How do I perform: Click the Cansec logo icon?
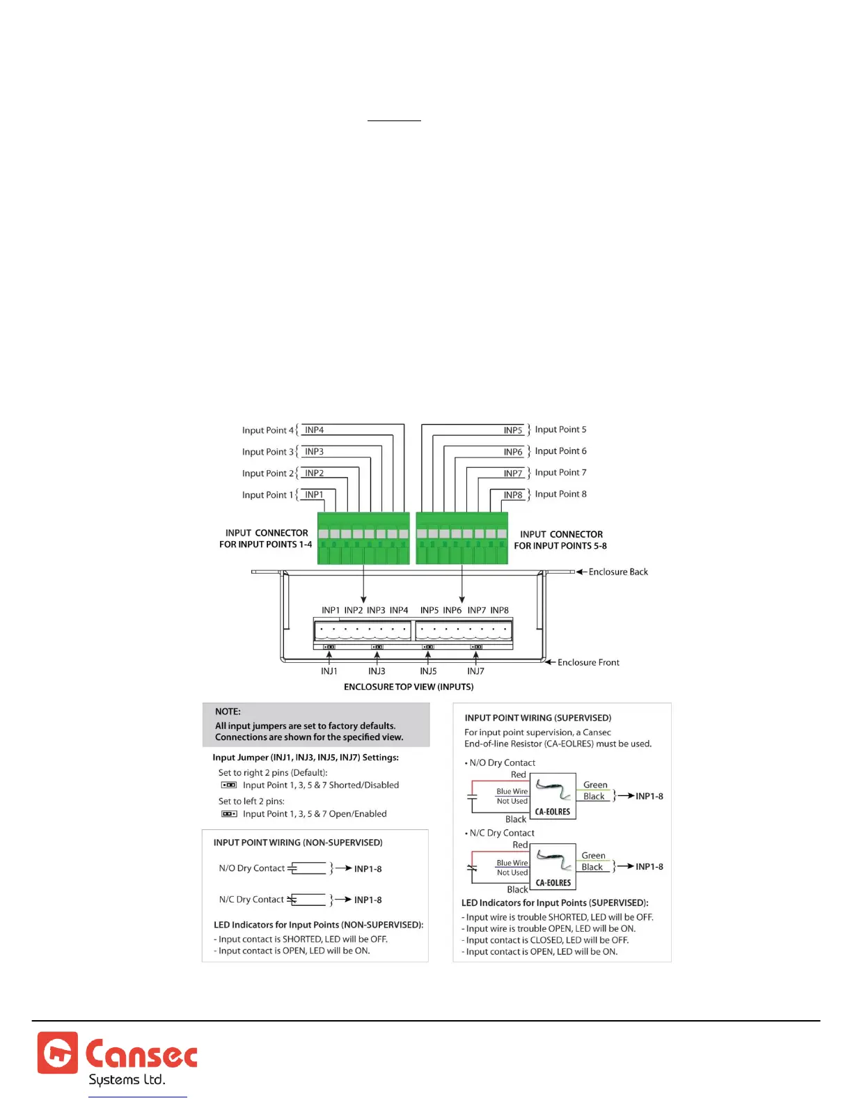point(58,1052)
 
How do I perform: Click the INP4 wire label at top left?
point(314,430)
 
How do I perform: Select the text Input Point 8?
point(560,494)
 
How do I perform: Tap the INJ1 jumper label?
point(329,671)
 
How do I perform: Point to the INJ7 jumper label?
point(475,671)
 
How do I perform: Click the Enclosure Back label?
point(618,572)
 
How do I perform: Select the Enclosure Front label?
point(588,663)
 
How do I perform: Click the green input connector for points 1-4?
point(363,539)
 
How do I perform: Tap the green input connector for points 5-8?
point(461,539)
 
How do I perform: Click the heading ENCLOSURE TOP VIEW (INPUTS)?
point(409,687)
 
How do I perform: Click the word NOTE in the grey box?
point(228,712)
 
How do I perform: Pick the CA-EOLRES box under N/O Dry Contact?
point(553,796)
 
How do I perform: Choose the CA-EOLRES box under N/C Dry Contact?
point(553,867)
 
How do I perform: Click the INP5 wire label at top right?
point(513,430)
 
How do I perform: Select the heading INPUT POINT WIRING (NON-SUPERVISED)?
point(298,843)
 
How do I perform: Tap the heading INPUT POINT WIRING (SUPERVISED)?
point(537,718)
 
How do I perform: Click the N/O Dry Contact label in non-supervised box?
point(251,868)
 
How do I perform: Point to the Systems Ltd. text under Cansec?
point(127,1080)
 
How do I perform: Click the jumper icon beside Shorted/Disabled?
point(228,785)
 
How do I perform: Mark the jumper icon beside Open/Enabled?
point(228,814)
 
